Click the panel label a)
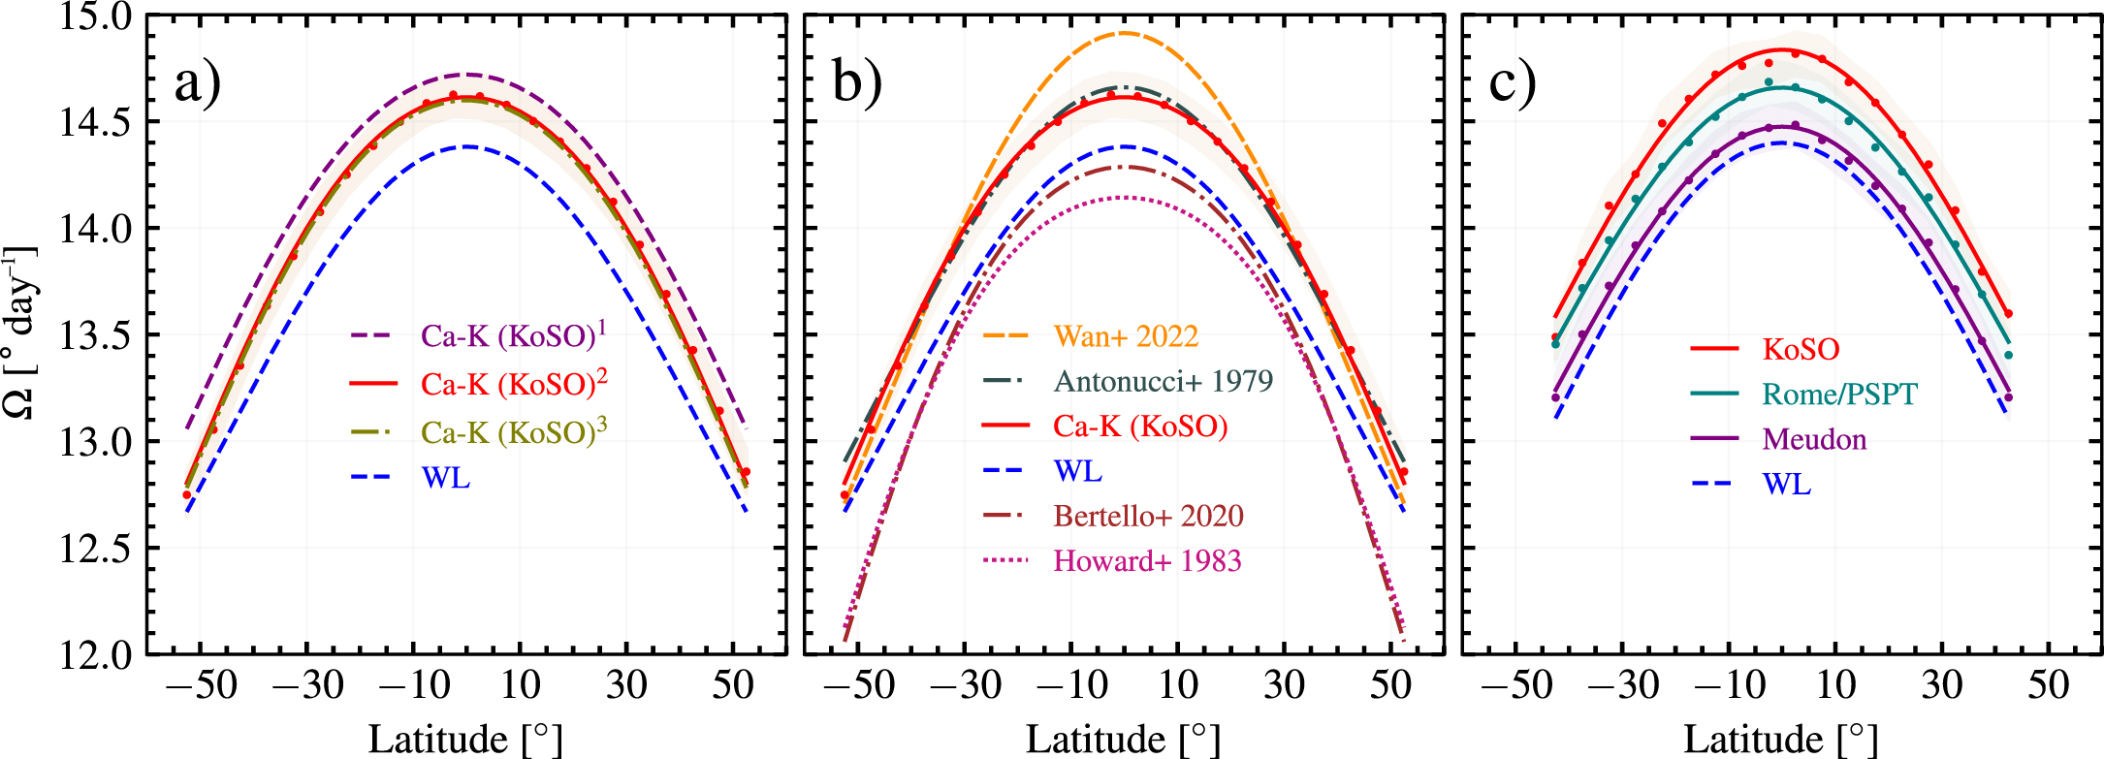pyautogui.click(x=197, y=82)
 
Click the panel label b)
pyautogui.click(x=857, y=82)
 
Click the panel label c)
pyautogui.click(x=1513, y=82)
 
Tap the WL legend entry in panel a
pyautogui.click(x=445, y=478)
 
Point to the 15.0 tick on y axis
pyautogui.click(x=94, y=16)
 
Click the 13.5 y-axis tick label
pyautogui.click(x=94, y=336)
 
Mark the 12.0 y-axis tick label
pyautogui.click(x=94, y=656)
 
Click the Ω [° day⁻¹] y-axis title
pyautogui.click(x=21, y=334)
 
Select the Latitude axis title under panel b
pyautogui.click(x=1123, y=740)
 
